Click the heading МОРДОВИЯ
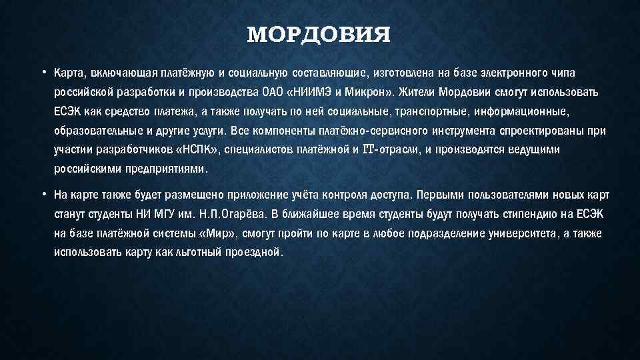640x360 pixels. pos(319,35)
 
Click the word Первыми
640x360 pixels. pos(451,195)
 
